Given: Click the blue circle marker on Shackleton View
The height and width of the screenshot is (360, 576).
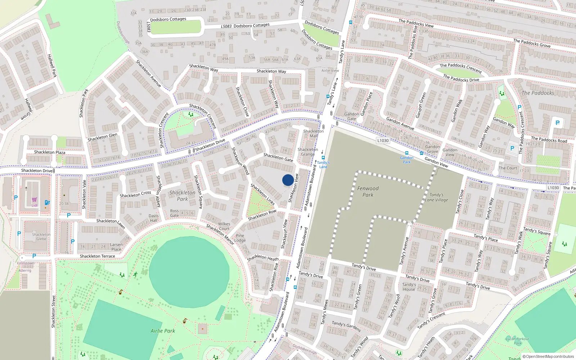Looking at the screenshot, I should click(x=288, y=180).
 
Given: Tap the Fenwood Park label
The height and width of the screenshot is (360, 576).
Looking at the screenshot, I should click(x=368, y=192).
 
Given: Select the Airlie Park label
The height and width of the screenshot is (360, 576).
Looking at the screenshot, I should click(x=163, y=331).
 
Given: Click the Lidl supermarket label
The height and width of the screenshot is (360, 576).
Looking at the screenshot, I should click(x=34, y=206).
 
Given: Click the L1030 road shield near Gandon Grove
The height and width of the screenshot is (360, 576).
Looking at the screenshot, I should click(x=383, y=140).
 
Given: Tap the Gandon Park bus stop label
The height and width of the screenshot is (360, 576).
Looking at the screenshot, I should click(x=406, y=160).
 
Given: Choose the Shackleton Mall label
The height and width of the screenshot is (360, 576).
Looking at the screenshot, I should click(x=313, y=133).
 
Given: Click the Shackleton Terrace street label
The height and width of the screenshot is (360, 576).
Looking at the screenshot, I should click(x=97, y=256).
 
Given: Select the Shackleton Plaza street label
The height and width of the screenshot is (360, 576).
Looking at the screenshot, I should click(x=50, y=152).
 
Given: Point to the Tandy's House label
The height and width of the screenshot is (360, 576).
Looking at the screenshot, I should click(x=409, y=287).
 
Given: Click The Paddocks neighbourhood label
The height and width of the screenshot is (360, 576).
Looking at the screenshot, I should click(x=538, y=93).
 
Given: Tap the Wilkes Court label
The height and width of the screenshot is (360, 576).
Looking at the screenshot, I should click(x=224, y=226).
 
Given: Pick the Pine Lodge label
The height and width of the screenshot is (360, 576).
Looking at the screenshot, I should click(x=240, y=238).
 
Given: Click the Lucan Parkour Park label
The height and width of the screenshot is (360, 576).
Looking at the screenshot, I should click(x=517, y=341).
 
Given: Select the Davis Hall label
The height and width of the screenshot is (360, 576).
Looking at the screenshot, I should click(x=154, y=218).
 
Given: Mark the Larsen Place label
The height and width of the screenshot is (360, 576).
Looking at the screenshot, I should click(x=116, y=247).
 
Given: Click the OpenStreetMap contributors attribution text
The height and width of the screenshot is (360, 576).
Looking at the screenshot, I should click(x=548, y=356).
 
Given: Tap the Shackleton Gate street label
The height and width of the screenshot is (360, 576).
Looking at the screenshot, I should click(x=278, y=157).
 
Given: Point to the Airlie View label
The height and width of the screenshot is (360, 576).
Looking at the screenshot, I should click(x=330, y=71).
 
